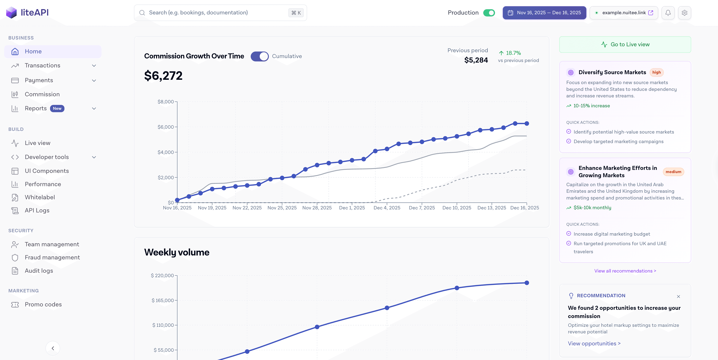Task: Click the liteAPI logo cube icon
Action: pyautogui.click(x=11, y=13)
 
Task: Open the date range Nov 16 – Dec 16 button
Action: pyautogui.click(x=544, y=13)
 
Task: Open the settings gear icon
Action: pyautogui.click(x=684, y=13)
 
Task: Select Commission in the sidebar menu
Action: pyautogui.click(x=42, y=94)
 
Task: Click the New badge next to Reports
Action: pyautogui.click(x=57, y=109)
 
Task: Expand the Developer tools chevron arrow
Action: pyautogui.click(x=94, y=157)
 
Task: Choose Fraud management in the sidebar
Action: pyautogui.click(x=52, y=258)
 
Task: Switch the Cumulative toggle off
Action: pyautogui.click(x=260, y=56)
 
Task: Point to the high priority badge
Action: pyautogui.click(x=656, y=72)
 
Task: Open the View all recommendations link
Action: pyautogui.click(x=625, y=271)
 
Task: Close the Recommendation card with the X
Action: pyautogui.click(x=678, y=297)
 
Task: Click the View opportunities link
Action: pyautogui.click(x=594, y=344)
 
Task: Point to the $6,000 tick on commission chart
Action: pyautogui.click(x=166, y=127)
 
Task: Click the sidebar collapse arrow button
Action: pyautogui.click(x=53, y=348)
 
